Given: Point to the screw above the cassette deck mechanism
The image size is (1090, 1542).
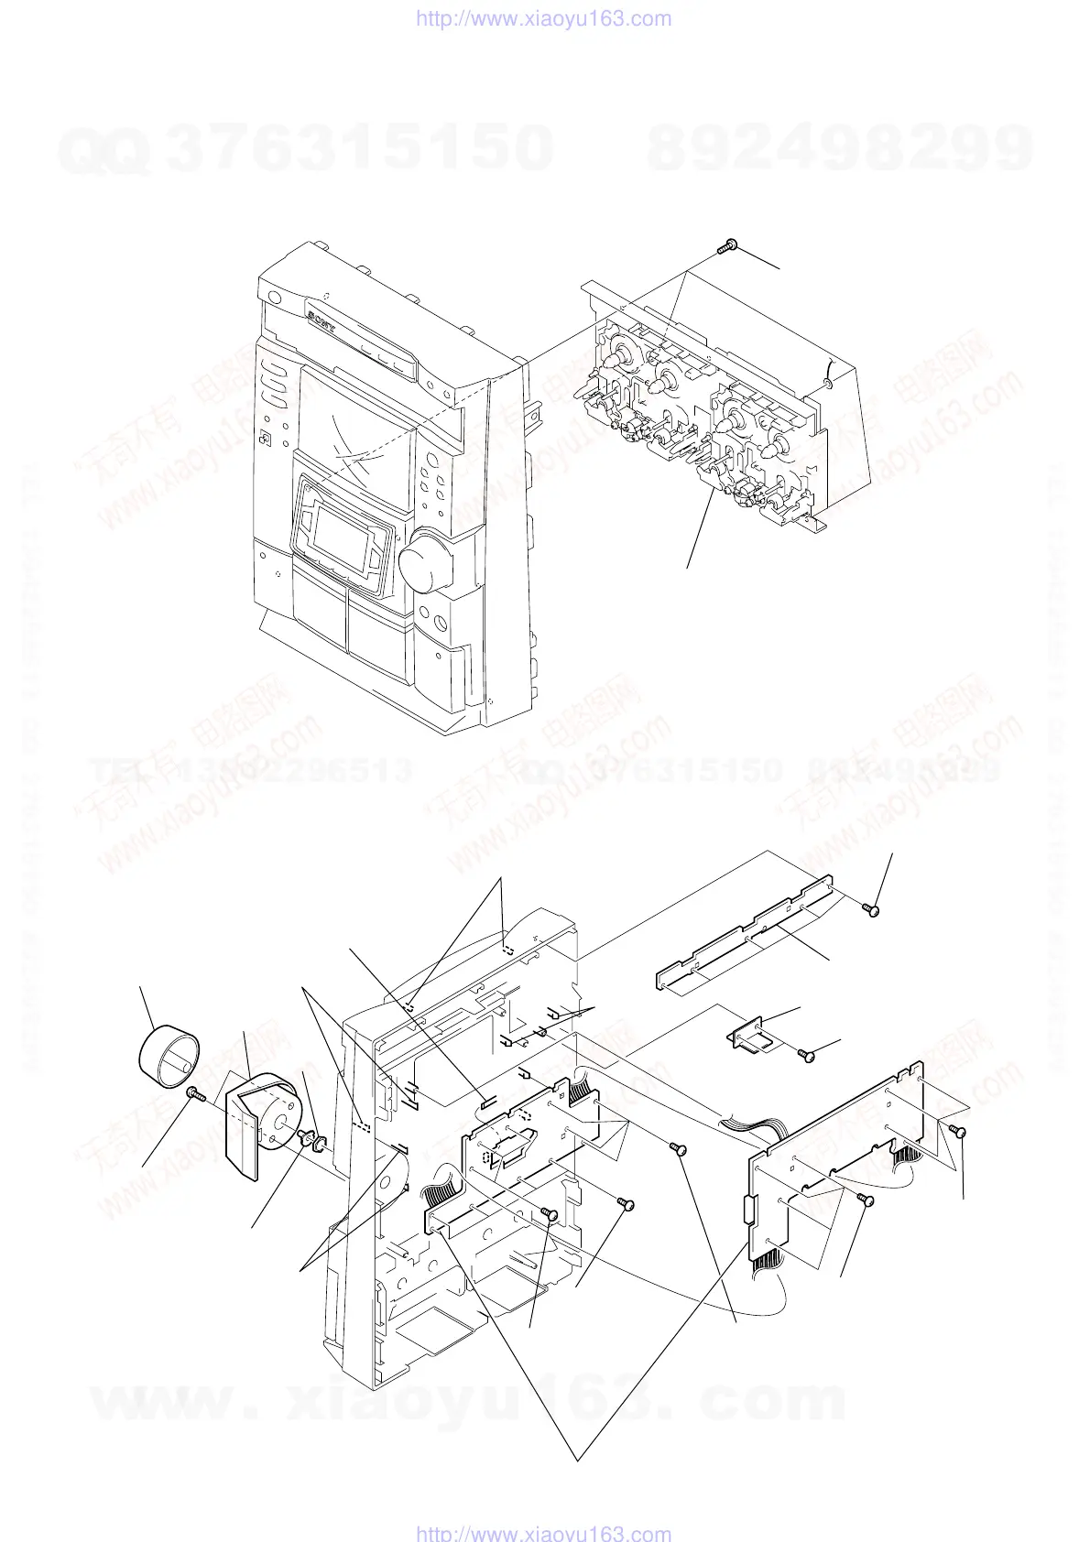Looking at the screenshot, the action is [x=729, y=245].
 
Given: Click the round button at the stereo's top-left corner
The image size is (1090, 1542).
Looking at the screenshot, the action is [x=276, y=298].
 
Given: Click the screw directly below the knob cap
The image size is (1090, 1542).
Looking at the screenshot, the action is [x=194, y=1093].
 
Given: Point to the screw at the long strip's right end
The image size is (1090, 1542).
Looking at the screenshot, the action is [x=872, y=909].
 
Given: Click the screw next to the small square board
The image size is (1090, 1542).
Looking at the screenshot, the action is [x=806, y=1056].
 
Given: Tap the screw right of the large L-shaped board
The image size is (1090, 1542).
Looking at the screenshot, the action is [x=958, y=1132].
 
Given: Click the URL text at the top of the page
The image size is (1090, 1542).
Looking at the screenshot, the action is [x=544, y=19].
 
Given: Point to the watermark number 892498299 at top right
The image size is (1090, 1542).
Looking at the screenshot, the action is [x=840, y=147].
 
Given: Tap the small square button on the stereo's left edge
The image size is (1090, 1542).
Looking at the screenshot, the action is [x=264, y=440].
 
